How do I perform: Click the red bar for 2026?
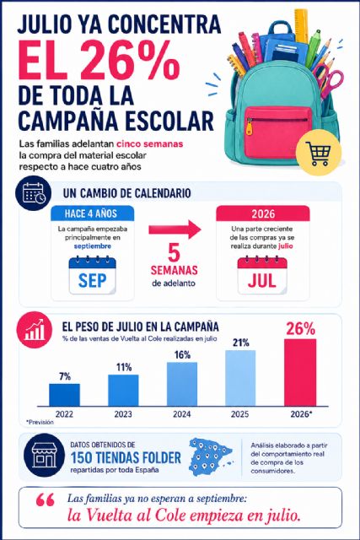(300, 372)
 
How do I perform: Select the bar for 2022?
(64, 395)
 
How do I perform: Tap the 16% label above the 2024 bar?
(182, 354)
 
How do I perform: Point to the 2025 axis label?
(240, 413)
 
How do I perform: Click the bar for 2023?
(123, 390)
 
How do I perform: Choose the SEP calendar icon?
(93, 275)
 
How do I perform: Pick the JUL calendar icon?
(262, 275)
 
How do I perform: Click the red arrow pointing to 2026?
(175, 229)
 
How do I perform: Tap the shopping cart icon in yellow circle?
(319, 153)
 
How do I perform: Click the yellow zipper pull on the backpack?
(249, 127)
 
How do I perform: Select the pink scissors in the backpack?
(328, 78)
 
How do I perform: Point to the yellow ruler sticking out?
(301, 25)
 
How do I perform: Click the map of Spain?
(211, 456)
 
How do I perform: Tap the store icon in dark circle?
(44, 455)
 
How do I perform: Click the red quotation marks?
(45, 500)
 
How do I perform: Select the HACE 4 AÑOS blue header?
(92, 213)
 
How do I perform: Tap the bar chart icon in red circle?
(34, 330)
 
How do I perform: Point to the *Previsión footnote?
(40, 422)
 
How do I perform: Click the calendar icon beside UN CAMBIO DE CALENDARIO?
(33, 193)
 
